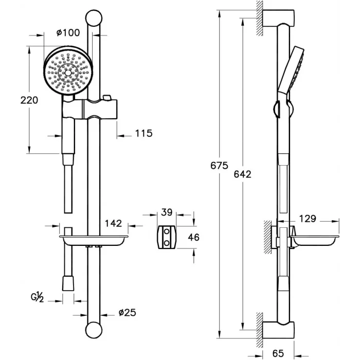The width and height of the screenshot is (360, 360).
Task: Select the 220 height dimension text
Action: [x=29, y=100]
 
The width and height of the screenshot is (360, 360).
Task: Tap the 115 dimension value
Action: [x=144, y=134]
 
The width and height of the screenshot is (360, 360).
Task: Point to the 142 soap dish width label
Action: [x=113, y=223]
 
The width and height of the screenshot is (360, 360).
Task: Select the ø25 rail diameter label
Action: [x=126, y=313]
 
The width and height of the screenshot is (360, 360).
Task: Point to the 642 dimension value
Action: [x=242, y=174]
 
